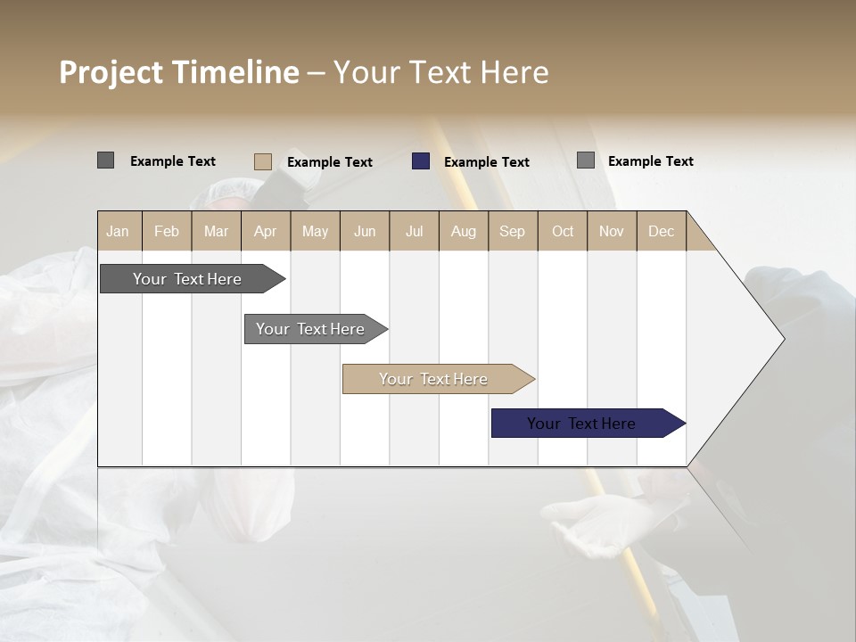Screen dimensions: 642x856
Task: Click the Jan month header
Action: (x=118, y=232)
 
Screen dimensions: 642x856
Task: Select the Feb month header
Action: (x=167, y=232)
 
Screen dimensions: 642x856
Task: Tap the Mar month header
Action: (x=216, y=232)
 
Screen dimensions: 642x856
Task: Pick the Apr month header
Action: (x=265, y=232)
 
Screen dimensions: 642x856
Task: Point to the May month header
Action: (x=315, y=232)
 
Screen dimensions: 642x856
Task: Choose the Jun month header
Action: (x=365, y=232)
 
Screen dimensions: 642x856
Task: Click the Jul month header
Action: (x=414, y=232)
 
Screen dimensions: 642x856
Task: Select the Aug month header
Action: (x=463, y=232)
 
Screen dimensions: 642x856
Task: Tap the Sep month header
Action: (x=512, y=232)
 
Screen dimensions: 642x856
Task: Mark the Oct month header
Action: (x=563, y=232)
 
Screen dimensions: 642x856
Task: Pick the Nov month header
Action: (x=612, y=232)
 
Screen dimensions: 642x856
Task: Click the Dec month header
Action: (x=661, y=232)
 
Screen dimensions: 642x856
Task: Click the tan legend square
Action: (x=262, y=161)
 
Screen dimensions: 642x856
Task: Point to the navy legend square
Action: (x=421, y=161)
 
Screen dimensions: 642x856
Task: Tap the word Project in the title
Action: (x=110, y=72)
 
